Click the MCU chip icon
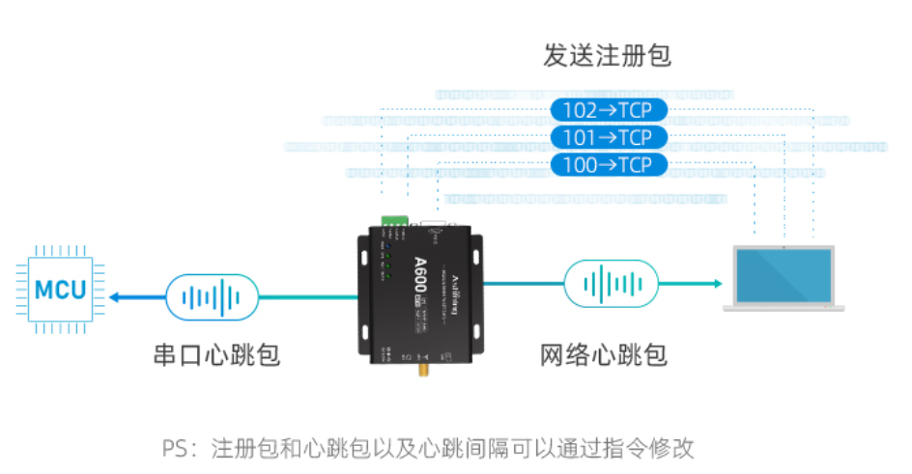[x=60, y=289]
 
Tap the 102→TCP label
[x=607, y=110]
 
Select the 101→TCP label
[x=607, y=137]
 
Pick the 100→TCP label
[x=607, y=165]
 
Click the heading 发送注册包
[x=607, y=57]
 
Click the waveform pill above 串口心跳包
[x=213, y=296]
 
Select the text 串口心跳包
[x=216, y=354]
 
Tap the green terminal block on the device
[x=396, y=220]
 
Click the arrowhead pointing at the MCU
[x=114, y=296]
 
